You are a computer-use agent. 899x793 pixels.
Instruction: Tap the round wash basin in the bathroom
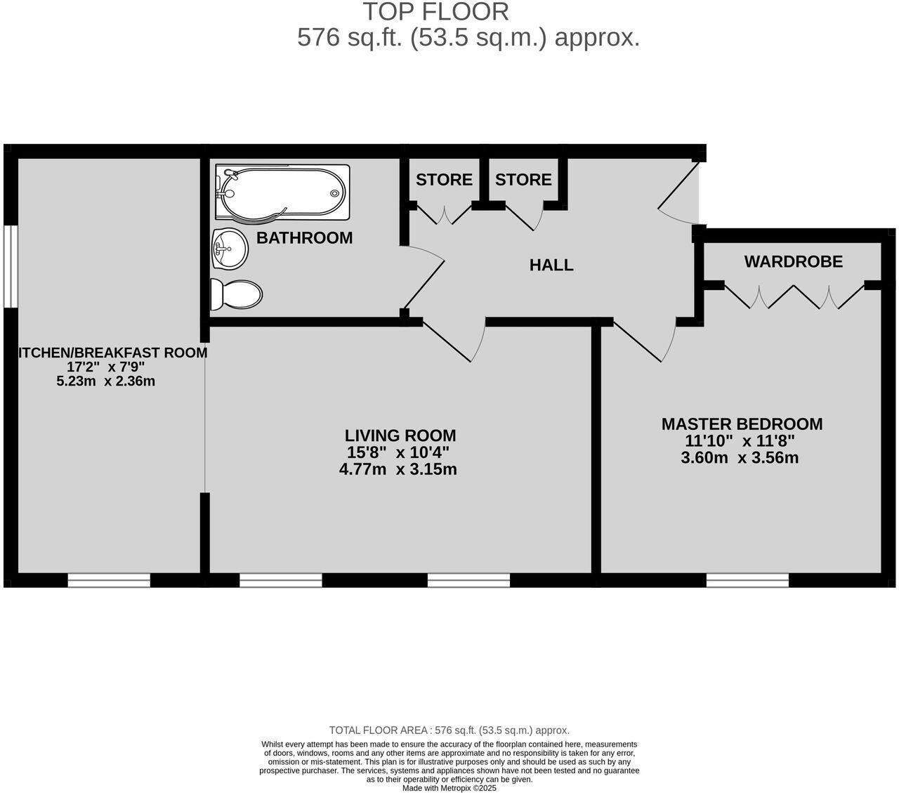(x=229, y=249)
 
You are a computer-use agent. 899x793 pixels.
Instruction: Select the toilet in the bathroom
(x=237, y=294)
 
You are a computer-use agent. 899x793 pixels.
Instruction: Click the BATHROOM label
(x=304, y=238)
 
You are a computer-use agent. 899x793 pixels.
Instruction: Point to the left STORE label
(x=444, y=180)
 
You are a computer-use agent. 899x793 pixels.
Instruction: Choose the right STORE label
(x=523, y=180)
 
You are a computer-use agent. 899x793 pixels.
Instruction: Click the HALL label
(x=551, y=266)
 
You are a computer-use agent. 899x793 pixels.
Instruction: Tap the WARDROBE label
(x=793, y=262)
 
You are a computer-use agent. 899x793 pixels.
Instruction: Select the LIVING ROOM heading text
(x=400, y=435)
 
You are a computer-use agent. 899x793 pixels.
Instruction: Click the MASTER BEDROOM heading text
(x=742, y=424)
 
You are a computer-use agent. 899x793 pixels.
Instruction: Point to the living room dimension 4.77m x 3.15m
(x=398, y=469)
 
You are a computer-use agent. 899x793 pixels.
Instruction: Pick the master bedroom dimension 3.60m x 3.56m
(x=740, y=458)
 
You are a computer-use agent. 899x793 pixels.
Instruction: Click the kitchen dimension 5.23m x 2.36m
(x=105, y=381)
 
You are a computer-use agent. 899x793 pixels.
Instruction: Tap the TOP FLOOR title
(x=435, y=12)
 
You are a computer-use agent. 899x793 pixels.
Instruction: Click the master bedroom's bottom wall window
(x=747, y=580)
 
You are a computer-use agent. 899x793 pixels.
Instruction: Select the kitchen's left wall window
(x=10, y=266)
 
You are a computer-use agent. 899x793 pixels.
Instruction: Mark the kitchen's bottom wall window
(x=109, y=580)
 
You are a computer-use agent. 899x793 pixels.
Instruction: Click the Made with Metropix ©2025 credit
(x=449, y=788)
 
